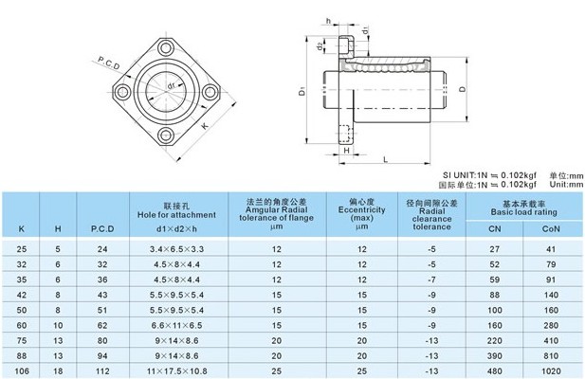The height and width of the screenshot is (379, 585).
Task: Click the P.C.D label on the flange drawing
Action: coord(109,63)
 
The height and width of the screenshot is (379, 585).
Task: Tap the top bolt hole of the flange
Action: coord(166,47)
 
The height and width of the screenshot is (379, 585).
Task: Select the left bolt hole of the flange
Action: coord(121,92)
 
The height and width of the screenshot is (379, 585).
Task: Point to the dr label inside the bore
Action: coord(172,85)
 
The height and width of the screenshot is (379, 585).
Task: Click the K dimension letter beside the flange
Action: coord(205,126)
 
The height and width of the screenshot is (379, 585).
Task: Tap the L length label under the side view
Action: coord(386,160)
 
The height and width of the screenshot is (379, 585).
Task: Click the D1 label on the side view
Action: coord(302,91)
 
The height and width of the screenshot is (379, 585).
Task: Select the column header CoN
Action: coord(551,228)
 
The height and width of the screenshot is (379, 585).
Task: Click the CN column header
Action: coord(495,228)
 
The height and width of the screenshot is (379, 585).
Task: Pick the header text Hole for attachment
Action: coord(176,215)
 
